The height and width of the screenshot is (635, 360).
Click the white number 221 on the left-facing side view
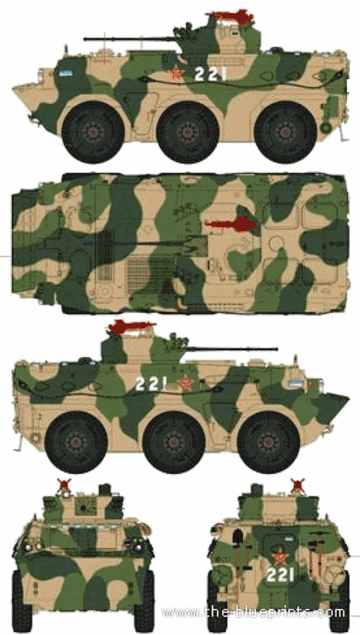tap(210, 73)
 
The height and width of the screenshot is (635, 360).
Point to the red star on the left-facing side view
tap(176, 75)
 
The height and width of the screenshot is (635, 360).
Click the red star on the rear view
tap(279, 558)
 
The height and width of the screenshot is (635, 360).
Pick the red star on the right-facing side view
tap(185, 383)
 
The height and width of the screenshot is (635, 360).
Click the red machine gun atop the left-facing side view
tap(230, 17)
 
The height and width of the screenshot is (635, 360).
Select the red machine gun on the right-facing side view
tap(131, 325)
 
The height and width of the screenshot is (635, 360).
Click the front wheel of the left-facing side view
tap(93, 132)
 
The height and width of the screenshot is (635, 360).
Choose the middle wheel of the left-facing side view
tap(188, 132)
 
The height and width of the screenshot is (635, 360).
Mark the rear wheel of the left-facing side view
tap(286, 132)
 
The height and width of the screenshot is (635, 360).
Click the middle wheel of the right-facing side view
tap(174, 442)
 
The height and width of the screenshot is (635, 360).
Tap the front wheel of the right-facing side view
tap(268, 442)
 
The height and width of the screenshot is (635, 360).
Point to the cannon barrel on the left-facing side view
tap(130, 39)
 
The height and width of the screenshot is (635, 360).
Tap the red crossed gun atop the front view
tap(64, 486)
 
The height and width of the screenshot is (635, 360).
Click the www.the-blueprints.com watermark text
tap(253, 612)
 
